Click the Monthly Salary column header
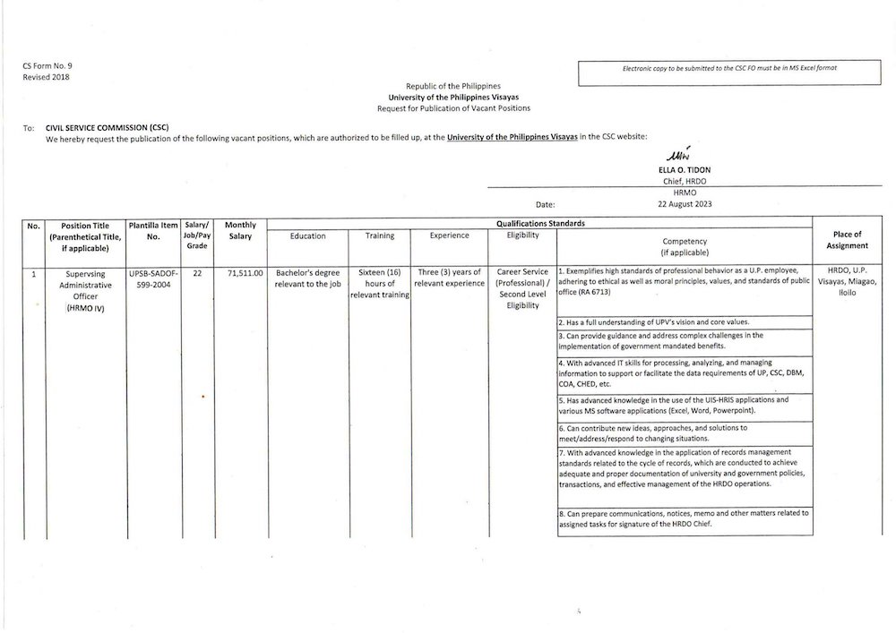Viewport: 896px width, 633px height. [x=240, y=230]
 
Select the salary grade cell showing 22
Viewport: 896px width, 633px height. [x=196, y=271]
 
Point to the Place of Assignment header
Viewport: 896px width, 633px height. [x=847, y=240]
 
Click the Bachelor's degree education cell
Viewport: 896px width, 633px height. [x=307, y=277]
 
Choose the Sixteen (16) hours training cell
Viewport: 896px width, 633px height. [x=379, y=282]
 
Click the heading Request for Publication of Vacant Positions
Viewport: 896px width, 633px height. [x=453, y=107]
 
